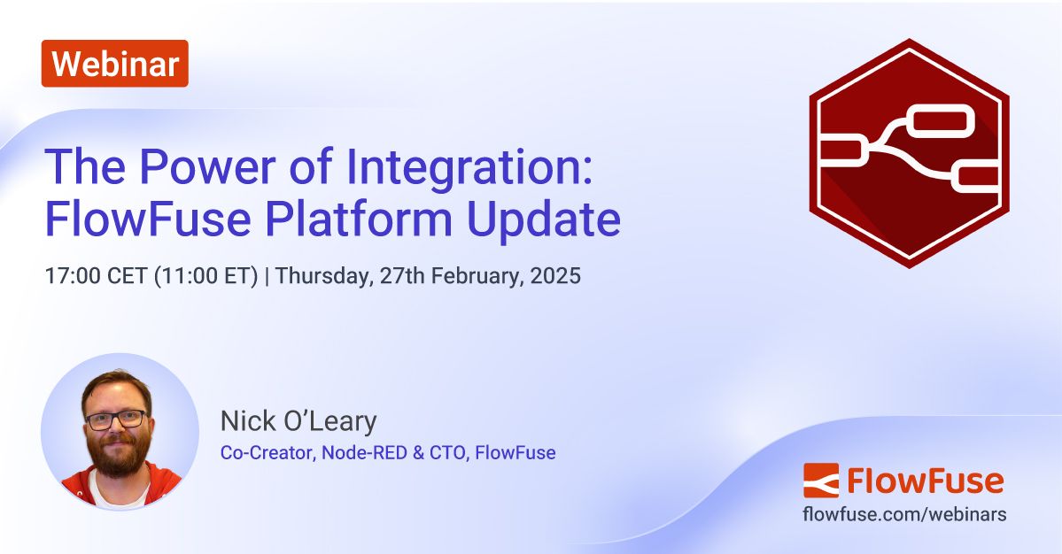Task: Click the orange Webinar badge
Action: point(114,64)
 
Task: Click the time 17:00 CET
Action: point(97,276)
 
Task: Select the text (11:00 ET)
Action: point(206,276)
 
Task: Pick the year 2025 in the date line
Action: point(556,276)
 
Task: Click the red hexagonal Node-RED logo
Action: point(909,153)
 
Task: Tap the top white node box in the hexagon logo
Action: point(941,121)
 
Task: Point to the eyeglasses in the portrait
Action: point(116,419)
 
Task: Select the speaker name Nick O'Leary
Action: point(298,421)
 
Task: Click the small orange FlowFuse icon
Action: point(820,481)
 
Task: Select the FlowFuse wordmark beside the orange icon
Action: point(925,481)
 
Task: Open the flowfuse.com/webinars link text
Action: point(904,514)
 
